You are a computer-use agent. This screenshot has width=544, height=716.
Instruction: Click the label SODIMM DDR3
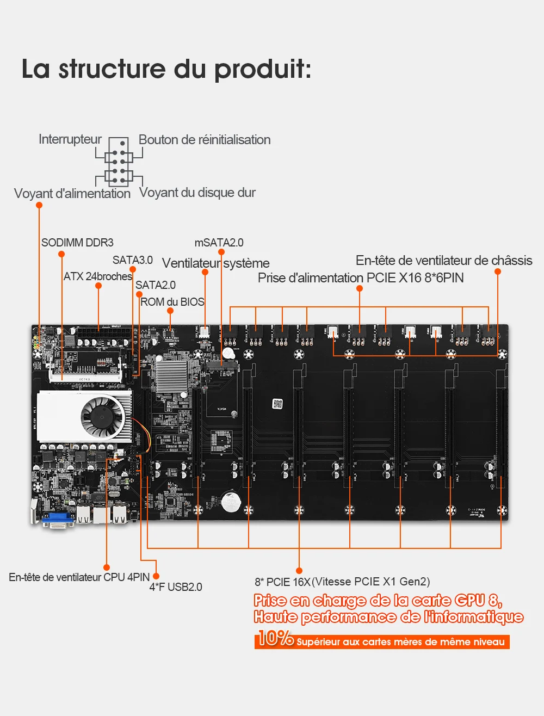(77, 243)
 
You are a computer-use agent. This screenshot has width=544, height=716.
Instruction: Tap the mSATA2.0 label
(219, 243)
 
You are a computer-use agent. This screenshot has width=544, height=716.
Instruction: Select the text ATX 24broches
(98, 276)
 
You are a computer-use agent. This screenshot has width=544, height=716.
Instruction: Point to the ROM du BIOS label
(172, 301)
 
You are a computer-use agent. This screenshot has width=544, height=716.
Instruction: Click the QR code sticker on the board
(278, 404)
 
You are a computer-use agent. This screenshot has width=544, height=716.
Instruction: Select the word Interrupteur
(70, 139)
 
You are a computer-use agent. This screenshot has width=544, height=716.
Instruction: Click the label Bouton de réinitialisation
(205, 140)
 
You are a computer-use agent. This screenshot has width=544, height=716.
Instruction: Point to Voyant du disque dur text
(197, 193)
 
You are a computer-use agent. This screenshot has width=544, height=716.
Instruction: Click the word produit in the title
(262, 69)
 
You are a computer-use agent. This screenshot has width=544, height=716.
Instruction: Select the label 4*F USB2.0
(176, 587)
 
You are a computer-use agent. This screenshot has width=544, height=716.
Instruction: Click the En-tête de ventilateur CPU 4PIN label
(79, 577)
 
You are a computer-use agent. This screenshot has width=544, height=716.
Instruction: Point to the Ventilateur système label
(215, 263)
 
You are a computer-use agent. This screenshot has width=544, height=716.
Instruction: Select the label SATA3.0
(133, 260)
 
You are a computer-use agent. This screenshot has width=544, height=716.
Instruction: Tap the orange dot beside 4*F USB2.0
(156, 576)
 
